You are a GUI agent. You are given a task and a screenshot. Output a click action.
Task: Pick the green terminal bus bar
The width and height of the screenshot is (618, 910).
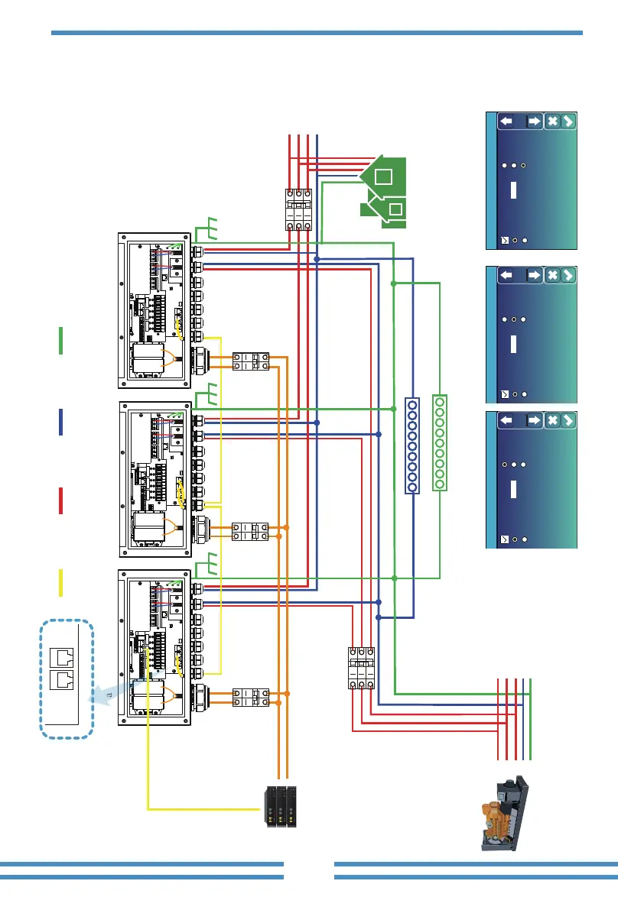click(440, 442)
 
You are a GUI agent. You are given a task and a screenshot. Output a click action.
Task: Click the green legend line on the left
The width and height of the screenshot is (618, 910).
click(60, 340)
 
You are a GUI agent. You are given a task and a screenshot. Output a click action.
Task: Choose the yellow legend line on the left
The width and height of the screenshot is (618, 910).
click(60, 583)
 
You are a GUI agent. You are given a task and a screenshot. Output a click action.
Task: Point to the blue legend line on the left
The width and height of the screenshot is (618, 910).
click(60, 422)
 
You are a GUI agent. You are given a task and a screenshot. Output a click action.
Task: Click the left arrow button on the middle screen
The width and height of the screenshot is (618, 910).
click(506, 275)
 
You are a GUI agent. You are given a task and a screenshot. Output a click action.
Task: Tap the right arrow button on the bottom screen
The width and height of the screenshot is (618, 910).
click(534, 419)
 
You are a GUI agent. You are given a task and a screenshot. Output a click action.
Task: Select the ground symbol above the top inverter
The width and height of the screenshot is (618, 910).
click(209, 228)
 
